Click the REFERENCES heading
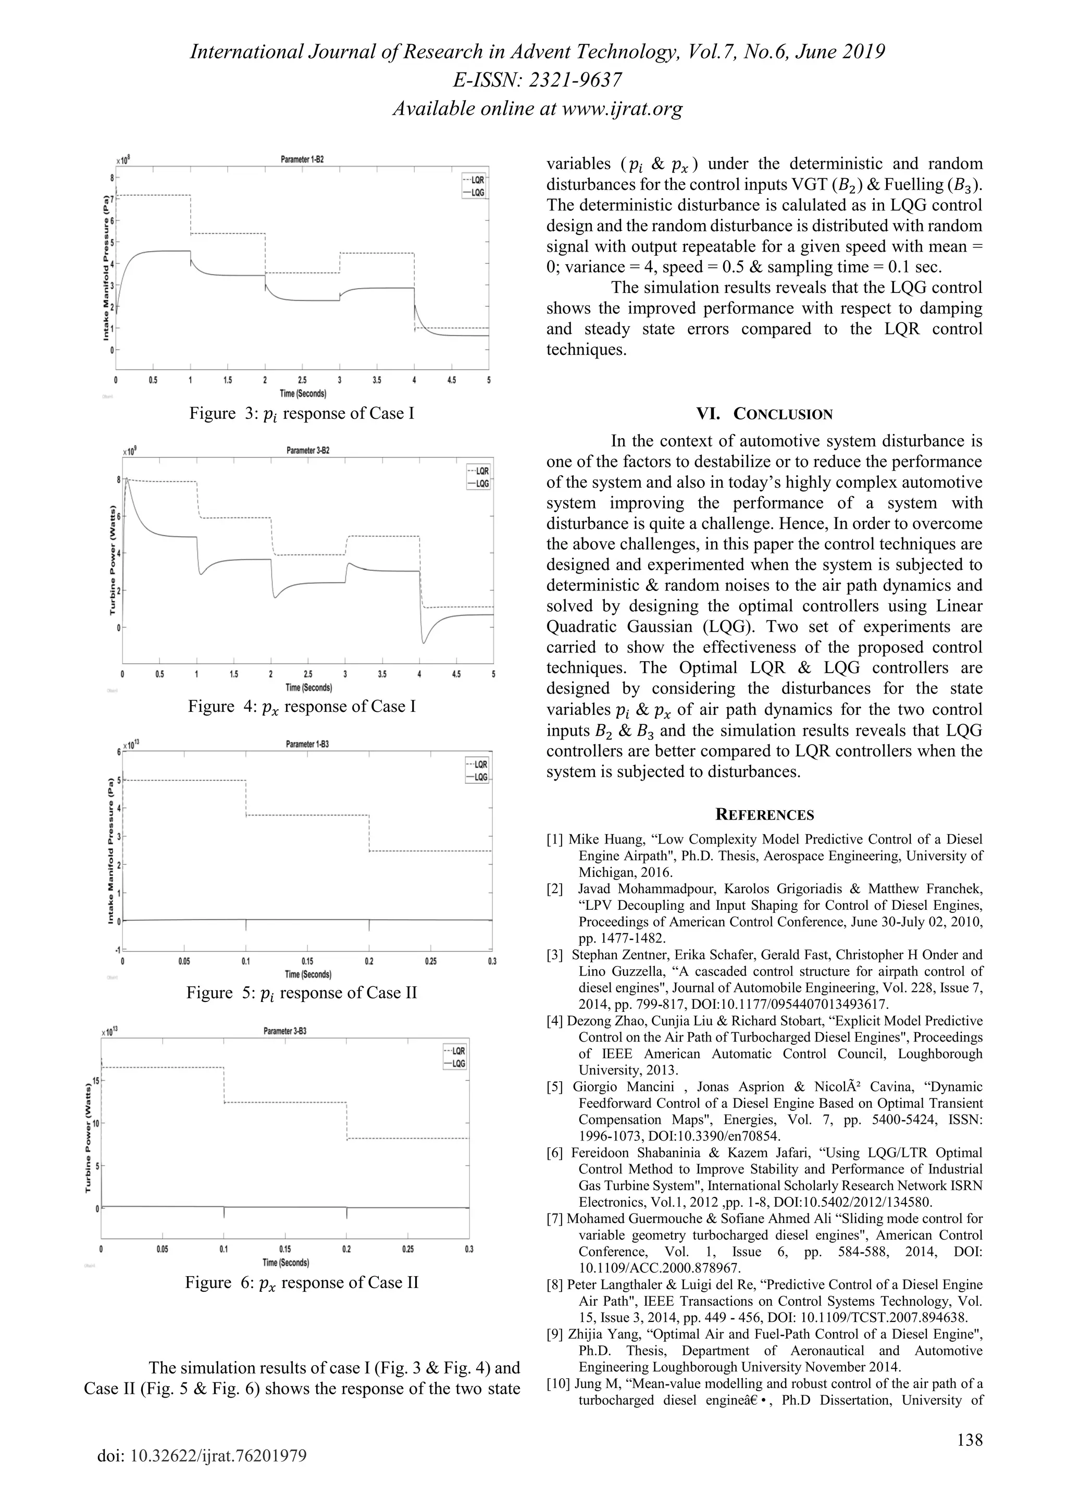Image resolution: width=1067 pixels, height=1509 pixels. point(764,815)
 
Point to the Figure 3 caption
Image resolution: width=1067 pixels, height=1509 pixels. point(302,413)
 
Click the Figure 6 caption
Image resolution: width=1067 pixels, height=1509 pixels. point(302,1282)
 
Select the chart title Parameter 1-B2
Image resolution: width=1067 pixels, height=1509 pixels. point(302,159)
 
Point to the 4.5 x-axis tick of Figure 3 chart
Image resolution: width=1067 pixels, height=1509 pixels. point(451,380)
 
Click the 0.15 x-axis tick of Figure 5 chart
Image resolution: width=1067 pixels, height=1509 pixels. point(307,961)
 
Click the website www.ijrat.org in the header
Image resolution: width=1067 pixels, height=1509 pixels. point(622,108)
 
